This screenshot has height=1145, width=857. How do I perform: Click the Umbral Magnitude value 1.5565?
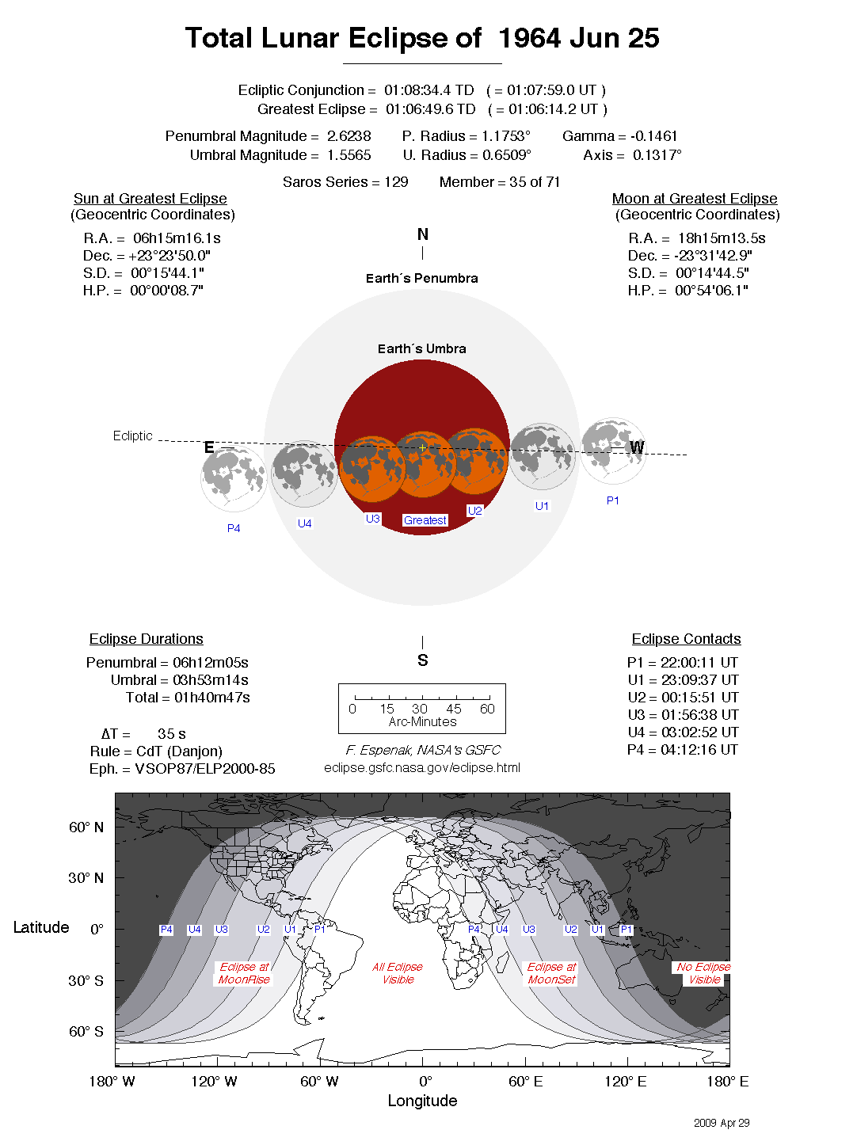[349, 155]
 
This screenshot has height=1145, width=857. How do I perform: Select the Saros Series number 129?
[396, 182]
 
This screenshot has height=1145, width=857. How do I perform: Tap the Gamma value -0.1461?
[654, 136]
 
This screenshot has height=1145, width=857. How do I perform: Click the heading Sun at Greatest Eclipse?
[150, 199]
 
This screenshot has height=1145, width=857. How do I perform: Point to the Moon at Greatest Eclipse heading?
[694, 199]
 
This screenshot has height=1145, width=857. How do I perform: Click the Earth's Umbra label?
[421, 349]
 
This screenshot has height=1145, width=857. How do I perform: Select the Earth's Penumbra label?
[421, 279]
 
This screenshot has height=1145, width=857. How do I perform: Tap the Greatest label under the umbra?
[425, 520]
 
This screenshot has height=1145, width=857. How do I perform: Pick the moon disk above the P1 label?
[613, 451]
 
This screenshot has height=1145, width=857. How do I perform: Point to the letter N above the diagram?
[422, 234]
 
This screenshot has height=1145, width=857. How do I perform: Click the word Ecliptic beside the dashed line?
[132, 436]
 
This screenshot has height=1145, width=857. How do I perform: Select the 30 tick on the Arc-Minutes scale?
[420, 709]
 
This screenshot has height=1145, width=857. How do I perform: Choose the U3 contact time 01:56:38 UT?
[699, 715]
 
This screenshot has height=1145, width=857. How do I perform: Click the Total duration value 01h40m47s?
[211, 698]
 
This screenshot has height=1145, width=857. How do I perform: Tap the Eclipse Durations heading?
[146, 639]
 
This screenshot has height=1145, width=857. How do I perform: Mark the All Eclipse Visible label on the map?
[398, 973]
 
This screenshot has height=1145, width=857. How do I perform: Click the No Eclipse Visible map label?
[703, 973]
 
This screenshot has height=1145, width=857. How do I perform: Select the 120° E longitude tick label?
[626, 1082]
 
